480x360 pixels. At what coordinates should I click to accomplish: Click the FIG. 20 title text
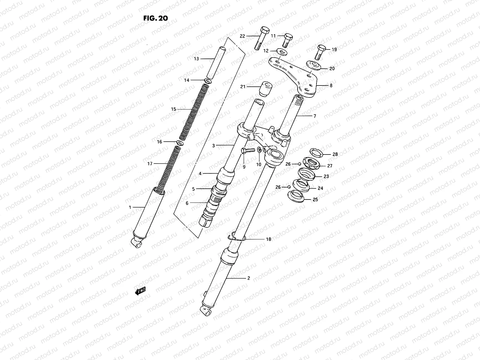pos(155,18)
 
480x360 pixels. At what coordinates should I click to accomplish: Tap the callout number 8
pos(331,85)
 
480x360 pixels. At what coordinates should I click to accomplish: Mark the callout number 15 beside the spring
pos(174,109)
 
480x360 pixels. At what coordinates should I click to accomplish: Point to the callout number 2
pos(248,278)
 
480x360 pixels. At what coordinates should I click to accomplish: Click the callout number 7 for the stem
pos(314,116)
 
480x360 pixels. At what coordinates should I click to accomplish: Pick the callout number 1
pos(130,207)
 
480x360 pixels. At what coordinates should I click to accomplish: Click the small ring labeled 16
pos(179,142)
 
